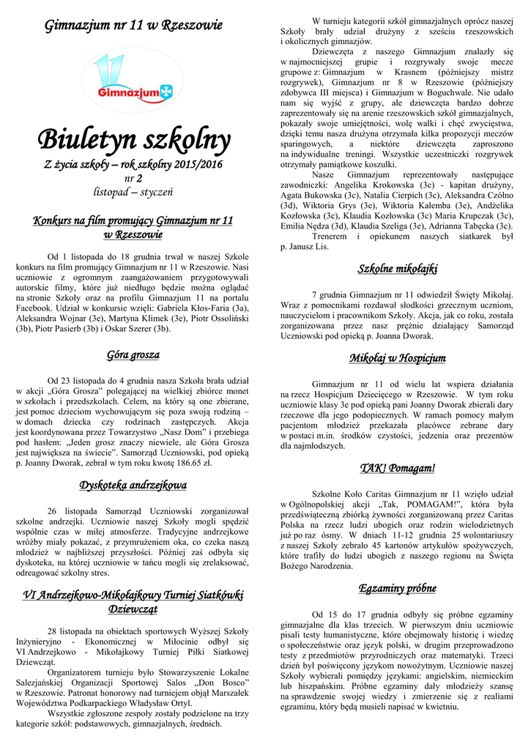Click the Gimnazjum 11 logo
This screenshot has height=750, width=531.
coord(133,80)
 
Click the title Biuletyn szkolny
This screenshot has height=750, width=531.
coord(133,137)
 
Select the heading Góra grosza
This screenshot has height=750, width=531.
coord(133,355)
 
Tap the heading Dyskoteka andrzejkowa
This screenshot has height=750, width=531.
coord(133,485)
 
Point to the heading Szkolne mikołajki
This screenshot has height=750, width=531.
coord(398,269)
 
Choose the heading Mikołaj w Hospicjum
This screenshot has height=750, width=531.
coord(398,358)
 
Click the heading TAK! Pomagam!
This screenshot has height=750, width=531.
coord(398,467)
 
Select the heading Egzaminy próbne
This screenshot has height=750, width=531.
coord(398,588)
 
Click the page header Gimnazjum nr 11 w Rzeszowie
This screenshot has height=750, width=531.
coord(133,26)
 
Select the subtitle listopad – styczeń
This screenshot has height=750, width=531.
coord(133,192)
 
